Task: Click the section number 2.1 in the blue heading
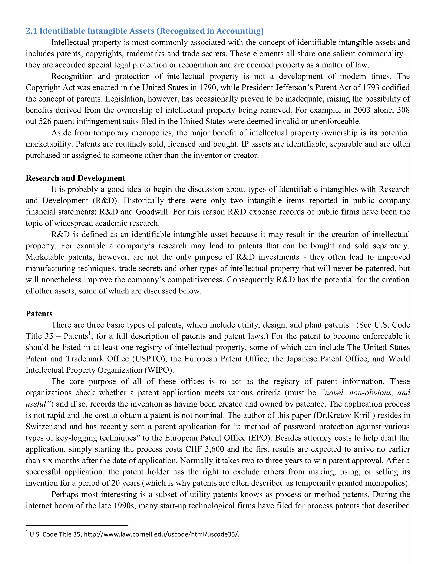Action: [32, 31]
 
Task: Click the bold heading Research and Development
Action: [75, 178]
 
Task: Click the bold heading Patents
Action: [39, 314]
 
